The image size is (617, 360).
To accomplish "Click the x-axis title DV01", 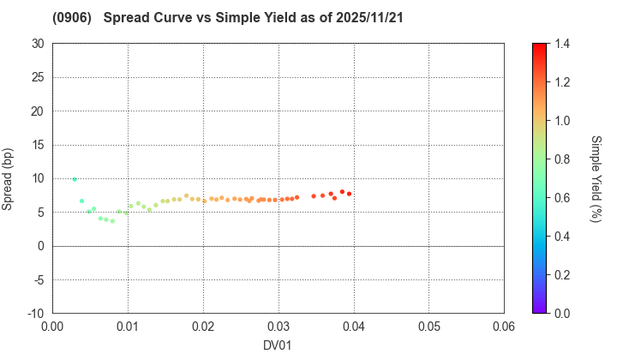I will (x=279, y=345).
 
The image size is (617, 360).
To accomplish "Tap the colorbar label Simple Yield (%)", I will (x=596, y=178).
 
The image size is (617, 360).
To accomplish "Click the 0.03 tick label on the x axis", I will (x=279, y=327).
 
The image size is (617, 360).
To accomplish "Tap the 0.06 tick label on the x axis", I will (x=504, y=327).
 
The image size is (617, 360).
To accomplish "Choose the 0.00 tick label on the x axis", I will (x=52, y=327).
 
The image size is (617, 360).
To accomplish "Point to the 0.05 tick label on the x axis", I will (x=428, y=327).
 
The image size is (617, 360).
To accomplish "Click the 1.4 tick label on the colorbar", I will (x=561, y=44).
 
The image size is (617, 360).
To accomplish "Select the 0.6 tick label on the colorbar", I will (x=561, y=198).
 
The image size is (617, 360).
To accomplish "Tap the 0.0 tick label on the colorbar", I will (x=561, y=314).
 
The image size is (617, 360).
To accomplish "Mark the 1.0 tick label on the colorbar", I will (x=561, y=121).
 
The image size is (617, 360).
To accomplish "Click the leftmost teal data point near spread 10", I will (x=75, y=179).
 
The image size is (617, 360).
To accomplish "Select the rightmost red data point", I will (x=350, y=194).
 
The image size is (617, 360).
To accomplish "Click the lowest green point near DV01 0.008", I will (x=112, y=221).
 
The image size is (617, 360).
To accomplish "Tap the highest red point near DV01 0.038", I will (x=342, y=192).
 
